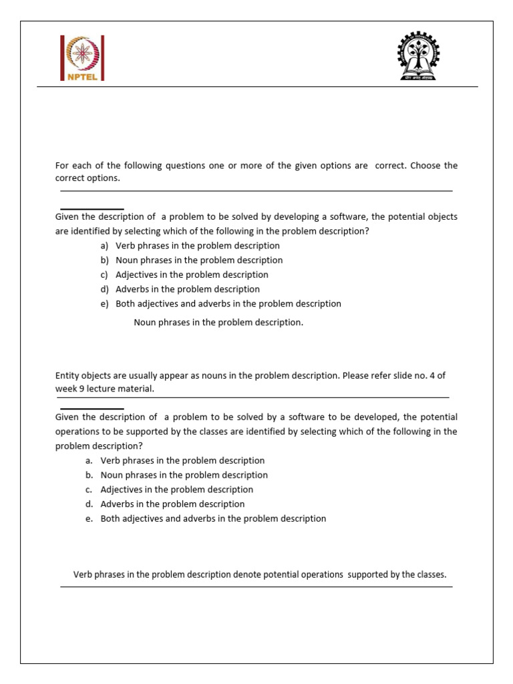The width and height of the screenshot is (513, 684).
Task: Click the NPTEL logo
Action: [83, 58]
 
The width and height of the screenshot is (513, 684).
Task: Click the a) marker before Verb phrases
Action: [105, 246]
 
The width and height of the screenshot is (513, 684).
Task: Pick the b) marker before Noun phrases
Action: [105, 261]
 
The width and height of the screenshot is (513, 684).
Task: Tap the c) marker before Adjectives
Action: [105, 275]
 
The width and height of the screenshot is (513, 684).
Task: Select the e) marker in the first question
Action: [105, 304]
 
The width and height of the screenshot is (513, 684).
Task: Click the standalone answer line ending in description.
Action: [218, 323]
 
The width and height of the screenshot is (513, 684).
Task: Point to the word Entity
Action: [67, 375]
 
